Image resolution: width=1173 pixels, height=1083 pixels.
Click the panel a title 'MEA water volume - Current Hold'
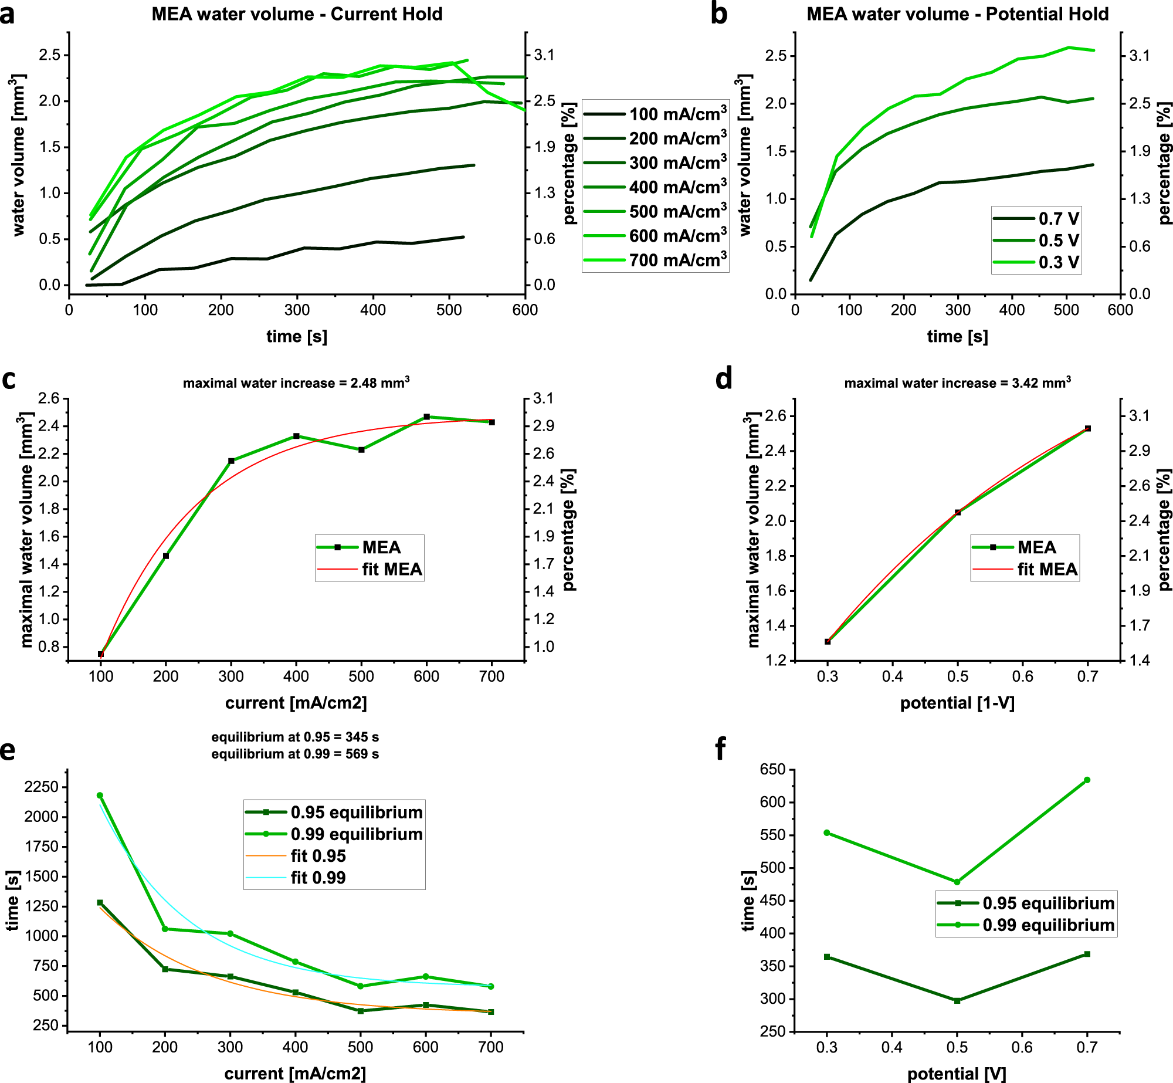click(297, 14)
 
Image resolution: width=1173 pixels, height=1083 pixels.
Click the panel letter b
click(718, 14)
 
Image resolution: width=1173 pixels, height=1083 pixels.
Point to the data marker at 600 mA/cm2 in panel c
click(426, 417)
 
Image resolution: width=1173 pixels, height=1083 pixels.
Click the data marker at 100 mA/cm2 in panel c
click(101, 654)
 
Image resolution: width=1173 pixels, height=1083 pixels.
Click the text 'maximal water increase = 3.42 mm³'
click(957, 383)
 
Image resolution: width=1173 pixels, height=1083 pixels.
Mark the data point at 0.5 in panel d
click(958, 513)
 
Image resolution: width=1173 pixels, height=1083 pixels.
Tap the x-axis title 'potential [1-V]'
click(957, 703)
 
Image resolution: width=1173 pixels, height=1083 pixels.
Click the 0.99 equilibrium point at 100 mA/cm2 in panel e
click(100, 796)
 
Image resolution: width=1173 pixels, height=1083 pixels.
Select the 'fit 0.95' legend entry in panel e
click(318, 856)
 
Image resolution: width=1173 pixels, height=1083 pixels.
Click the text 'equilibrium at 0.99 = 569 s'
click(295, 754)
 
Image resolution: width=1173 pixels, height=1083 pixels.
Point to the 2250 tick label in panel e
click(41, 787)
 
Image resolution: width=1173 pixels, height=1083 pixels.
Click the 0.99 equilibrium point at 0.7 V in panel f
click(1087, 780)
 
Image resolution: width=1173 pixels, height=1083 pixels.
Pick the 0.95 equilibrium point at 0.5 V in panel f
click(957, 1001)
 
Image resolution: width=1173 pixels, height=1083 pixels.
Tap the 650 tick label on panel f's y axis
click(772, 770)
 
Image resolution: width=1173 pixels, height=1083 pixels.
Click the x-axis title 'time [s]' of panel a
click(297, 336)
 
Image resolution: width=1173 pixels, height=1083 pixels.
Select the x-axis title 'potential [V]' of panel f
click(957, 1074)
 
